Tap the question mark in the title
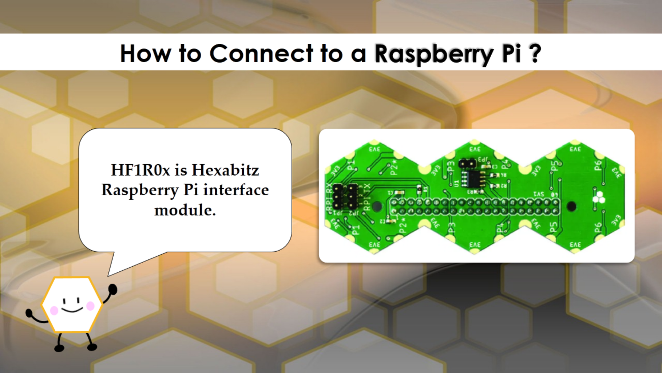pos(534,53)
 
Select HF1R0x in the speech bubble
pos(140,170)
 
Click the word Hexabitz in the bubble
pos(225,170)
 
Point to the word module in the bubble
pos(185,210)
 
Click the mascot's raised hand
pos(113,290)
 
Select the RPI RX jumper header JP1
pos(337,197)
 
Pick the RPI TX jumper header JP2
pos(352,197)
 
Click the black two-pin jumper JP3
pos(467,164)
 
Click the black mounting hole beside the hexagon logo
pos(571,207)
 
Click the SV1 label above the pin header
pos(539,195)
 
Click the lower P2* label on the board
pos(403,226)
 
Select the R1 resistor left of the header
pos(419,188)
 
